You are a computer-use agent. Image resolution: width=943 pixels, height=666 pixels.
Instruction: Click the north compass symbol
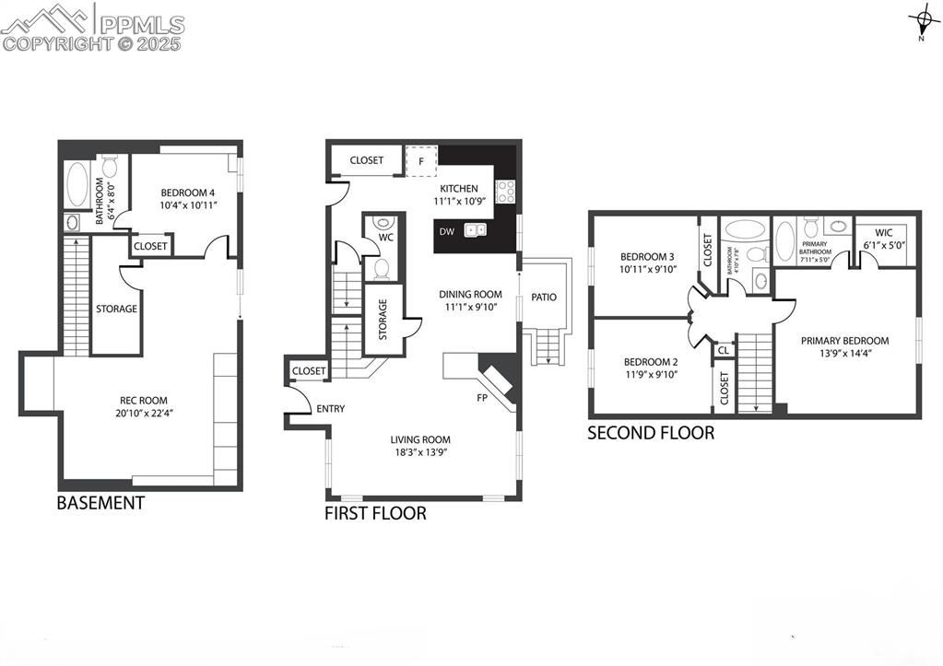coord(921,20)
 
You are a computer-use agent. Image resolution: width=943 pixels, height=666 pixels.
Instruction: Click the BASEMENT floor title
coord(100,503)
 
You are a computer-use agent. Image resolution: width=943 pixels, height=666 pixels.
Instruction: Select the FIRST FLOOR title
coord(375,514)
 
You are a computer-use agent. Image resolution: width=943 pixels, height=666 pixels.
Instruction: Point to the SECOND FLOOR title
coord(651,432)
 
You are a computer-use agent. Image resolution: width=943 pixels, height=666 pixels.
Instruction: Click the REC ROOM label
coord(144,400)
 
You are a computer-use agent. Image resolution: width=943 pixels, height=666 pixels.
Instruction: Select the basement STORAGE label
coord(116,309)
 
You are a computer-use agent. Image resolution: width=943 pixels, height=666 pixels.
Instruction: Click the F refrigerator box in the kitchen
coord(421,160)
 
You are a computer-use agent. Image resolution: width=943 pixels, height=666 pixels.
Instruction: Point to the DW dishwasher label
coord(446,231)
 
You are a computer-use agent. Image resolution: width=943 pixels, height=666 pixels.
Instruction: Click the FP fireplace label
coord(482,399)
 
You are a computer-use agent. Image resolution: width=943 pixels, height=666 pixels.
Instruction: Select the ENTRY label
coord(330,408)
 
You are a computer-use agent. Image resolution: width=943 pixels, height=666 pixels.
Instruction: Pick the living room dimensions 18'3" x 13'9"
coord(420,452)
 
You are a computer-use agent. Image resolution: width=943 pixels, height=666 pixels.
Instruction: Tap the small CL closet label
coord(724,350)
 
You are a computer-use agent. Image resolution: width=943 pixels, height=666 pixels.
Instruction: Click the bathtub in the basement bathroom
coord(77,186)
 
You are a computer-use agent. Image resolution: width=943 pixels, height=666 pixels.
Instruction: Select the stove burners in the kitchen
coord(505,191)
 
